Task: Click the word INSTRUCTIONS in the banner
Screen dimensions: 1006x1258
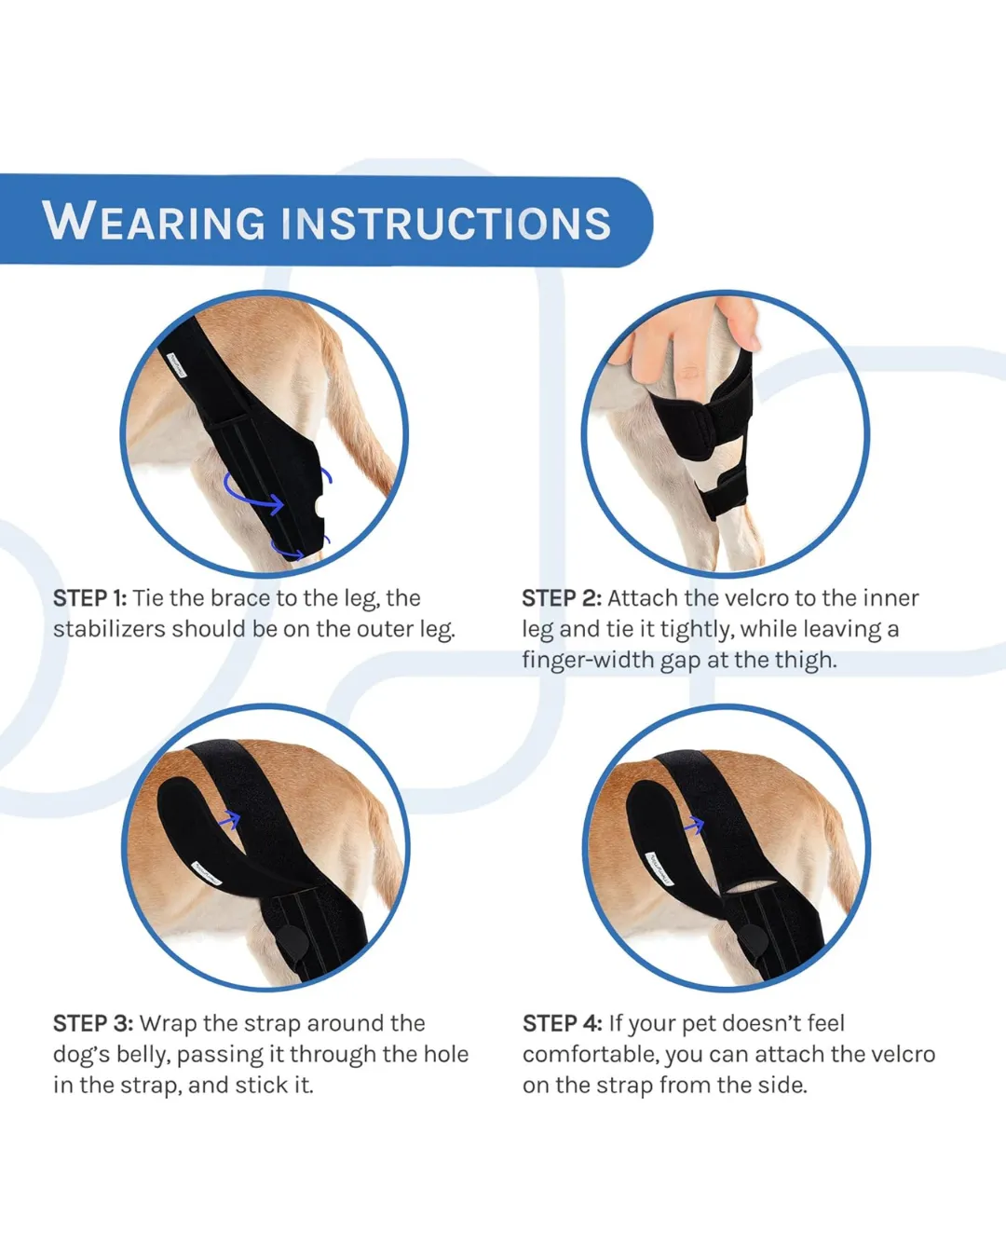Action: point(446,223)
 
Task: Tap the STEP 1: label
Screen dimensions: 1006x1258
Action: point(89,598)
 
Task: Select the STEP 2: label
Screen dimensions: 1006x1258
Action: point(562,598)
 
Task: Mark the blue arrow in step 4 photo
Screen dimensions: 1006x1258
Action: point(694,825)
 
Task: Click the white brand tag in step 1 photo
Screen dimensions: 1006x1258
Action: point(175,364)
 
